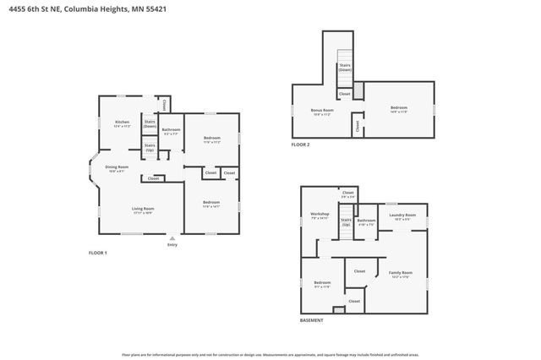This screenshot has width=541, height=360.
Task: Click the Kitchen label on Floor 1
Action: [x=122, y=123]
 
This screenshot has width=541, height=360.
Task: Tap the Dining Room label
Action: [x=117, y=168]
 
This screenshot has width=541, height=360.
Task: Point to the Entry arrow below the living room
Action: [x=172, y=237]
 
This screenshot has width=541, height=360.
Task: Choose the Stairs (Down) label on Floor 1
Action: [x=150, y=123]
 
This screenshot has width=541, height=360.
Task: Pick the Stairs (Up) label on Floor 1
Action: [x=150, y=147]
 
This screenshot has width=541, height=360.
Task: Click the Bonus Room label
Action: [x=322, y=112]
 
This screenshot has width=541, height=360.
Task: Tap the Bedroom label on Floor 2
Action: [x=398, y=108]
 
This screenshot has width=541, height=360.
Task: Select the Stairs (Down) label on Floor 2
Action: [x=345, y=67]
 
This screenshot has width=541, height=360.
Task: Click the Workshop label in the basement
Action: [x=319, y=215]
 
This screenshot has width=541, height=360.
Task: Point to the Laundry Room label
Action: [x=402, y=216]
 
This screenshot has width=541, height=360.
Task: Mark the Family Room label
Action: [x=400, y=274]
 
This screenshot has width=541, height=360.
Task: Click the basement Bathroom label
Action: [x=366, y=222]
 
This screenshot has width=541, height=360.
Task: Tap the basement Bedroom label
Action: [x=322, y=283]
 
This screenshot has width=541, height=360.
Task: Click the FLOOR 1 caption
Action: [x=99, y=253]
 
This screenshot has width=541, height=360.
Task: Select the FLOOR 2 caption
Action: [x=301, y=145]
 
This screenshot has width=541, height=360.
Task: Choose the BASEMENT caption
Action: [x=311, y=321]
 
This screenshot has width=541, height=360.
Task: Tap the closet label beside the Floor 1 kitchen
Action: [x=166, y=105]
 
